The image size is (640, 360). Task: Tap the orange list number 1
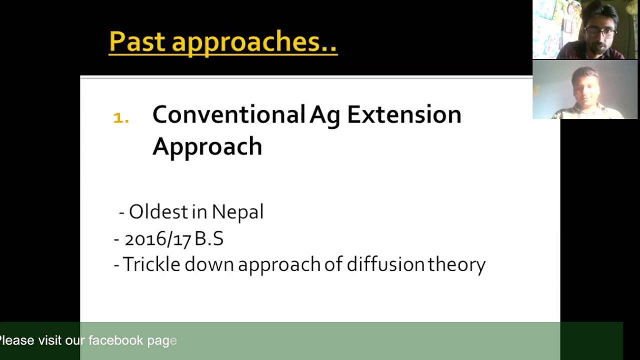pos(120,118)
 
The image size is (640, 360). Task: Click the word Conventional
pos(228,115)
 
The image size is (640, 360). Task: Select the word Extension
pos(403,115)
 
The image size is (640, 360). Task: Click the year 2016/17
pos(157,239)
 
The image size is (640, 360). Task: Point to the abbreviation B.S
pos(209,239)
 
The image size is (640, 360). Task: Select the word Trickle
pos(151,264)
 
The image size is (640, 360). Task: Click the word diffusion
pos(385,264)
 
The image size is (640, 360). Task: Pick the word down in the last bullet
pos(209,264)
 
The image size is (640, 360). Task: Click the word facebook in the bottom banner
pos(115,340)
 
